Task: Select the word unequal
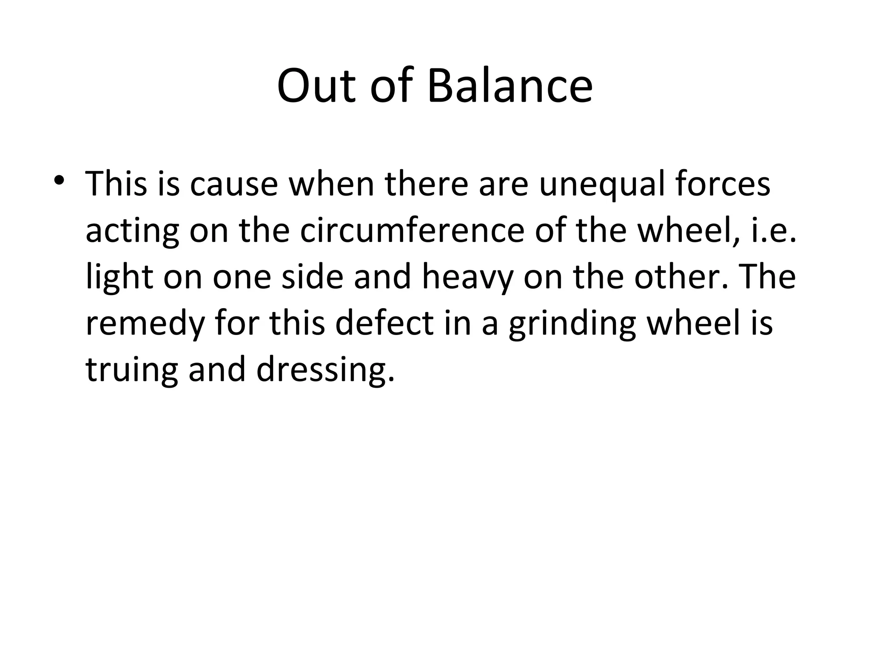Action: pos(601,185)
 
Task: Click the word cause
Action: pos(233,185)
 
